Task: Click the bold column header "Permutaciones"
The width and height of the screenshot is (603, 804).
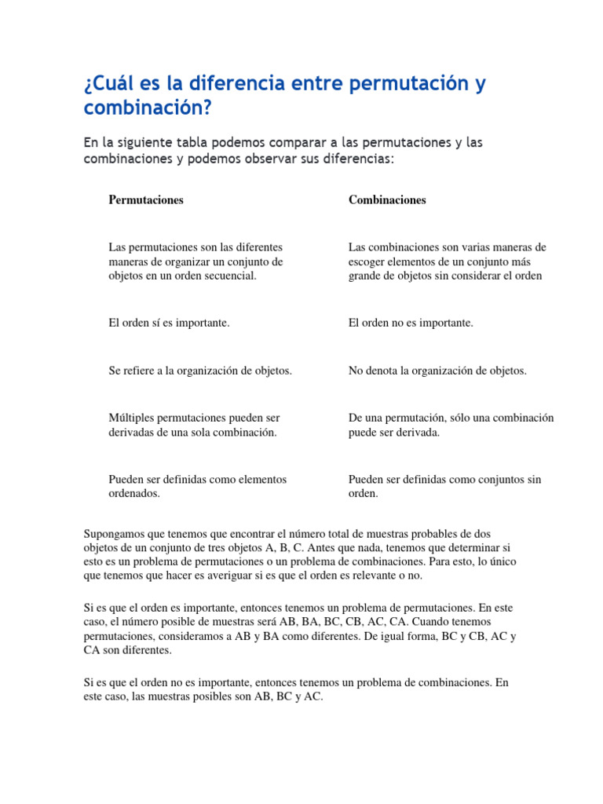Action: [x=146, y=199]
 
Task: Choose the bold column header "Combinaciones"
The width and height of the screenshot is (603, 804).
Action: [x=387, y=199]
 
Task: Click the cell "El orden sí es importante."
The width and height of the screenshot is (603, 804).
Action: [x=169, y=323]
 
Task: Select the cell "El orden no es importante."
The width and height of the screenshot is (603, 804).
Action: [x=411, y=323]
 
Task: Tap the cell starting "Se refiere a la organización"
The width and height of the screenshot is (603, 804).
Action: [x=200, y=371]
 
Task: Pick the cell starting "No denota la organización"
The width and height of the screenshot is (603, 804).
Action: [x=437, y=371]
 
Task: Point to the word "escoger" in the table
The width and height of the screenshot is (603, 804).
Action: [x=367, y=261]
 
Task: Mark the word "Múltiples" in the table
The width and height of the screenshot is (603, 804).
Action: [x=131, y=418]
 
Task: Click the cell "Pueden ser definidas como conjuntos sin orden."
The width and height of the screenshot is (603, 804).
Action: [x=444, y=486]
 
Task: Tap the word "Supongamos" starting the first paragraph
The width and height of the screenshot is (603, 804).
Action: [x=113, y=534]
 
